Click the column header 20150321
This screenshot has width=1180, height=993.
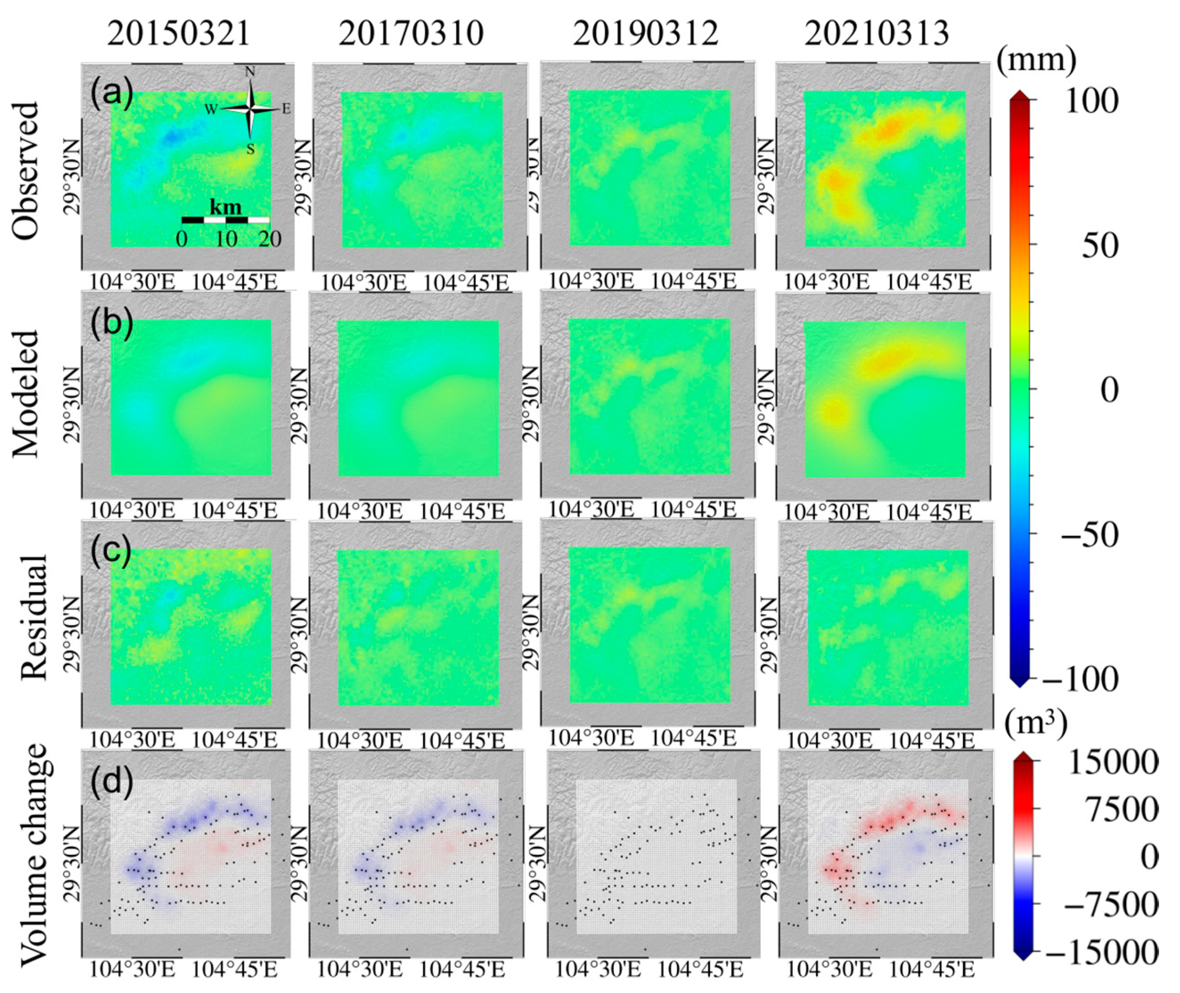(x=179, y=34)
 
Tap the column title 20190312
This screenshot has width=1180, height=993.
(x=646, y=34)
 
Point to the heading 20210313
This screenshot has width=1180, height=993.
(x=877, y=34)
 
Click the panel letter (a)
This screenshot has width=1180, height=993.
(x=111, y=94)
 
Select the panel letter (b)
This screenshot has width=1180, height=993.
(x=111, y=322)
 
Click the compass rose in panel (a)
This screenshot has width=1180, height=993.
(x=250, y=109)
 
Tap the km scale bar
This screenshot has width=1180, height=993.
(x=225, y=220)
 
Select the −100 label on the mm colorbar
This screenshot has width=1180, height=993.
(x=1080, y=680)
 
